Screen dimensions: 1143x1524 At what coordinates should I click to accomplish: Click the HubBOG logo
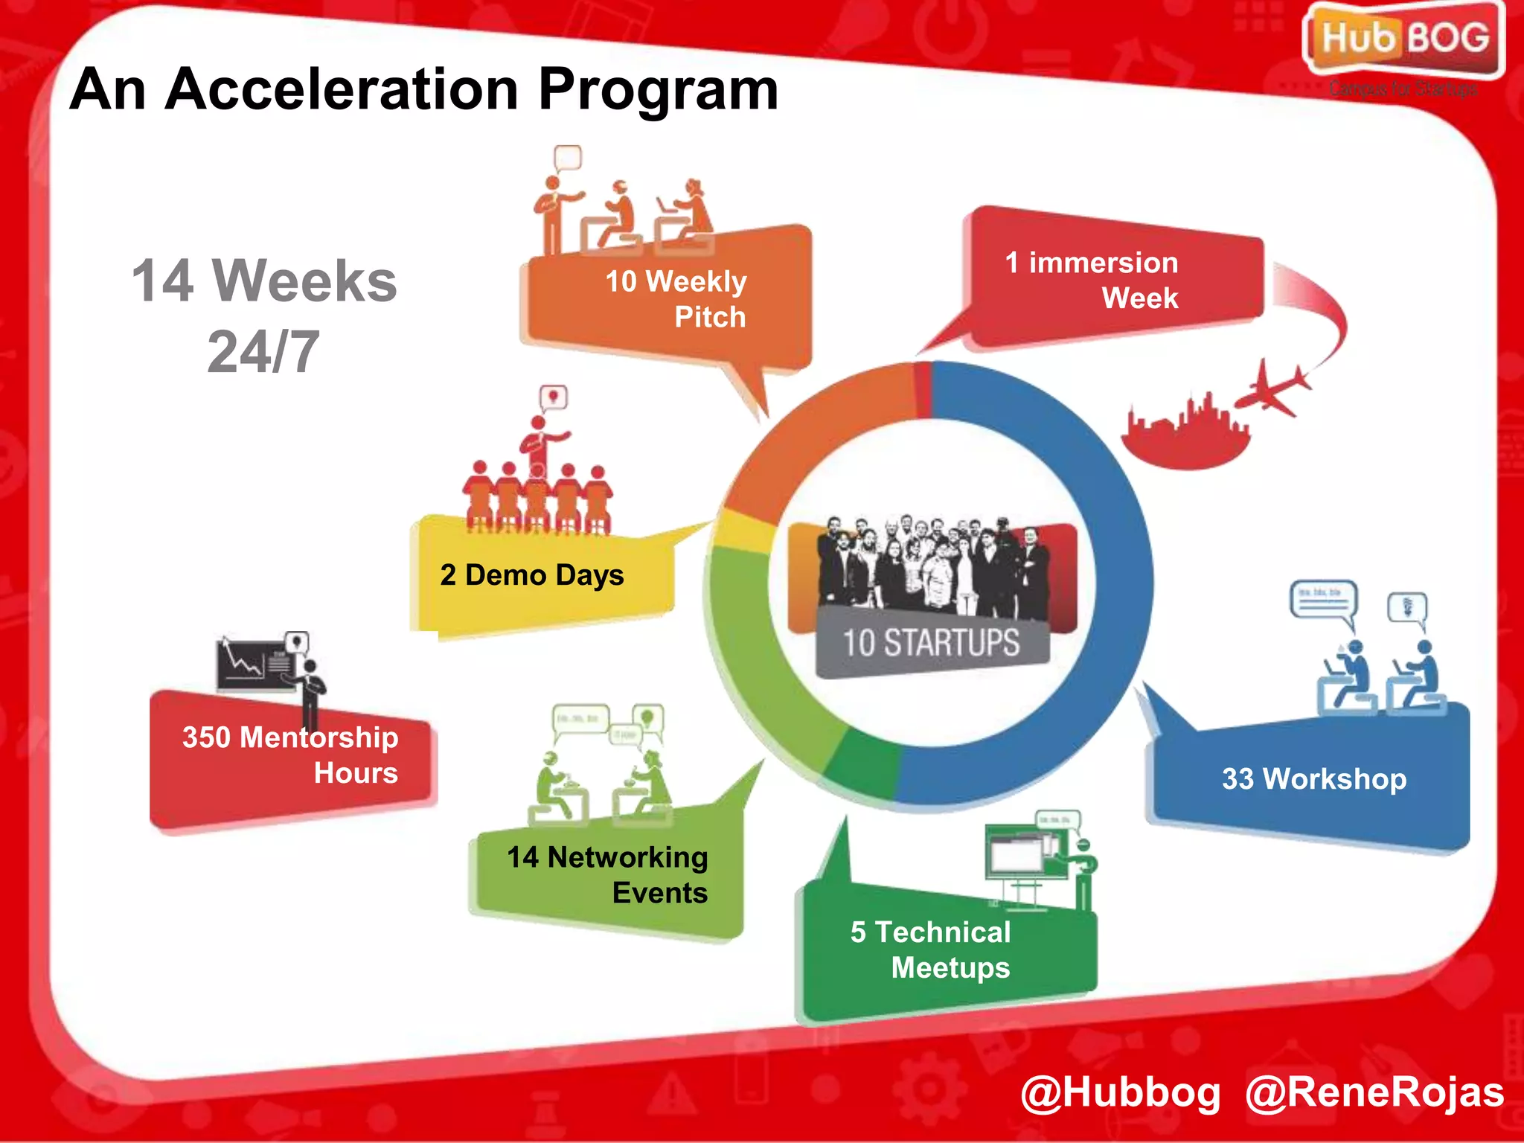1403,39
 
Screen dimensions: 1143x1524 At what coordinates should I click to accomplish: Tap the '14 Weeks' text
264,281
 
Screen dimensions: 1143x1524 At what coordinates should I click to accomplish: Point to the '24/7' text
263,351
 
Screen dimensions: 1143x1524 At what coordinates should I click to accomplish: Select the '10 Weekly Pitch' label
675,299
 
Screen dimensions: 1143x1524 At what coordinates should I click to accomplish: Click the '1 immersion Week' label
1092,280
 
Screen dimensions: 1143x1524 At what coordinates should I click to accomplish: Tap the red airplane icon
1272,389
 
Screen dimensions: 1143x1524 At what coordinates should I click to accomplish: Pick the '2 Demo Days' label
531,575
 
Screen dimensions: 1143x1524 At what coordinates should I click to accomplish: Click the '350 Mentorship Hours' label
290,755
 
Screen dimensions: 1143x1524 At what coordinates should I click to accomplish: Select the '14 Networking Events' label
607,874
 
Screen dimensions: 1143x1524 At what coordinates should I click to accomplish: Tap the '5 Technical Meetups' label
931,950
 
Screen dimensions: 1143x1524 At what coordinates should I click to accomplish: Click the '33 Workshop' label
1314,779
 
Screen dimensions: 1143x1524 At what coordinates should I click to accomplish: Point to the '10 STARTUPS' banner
931,643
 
